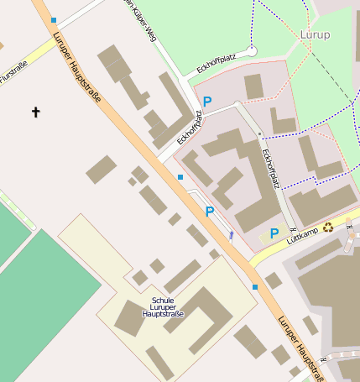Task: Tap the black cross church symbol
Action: [35, 111]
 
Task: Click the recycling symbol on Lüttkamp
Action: [329, 226]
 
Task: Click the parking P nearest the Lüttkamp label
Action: [274, 233]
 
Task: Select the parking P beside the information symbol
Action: [210, 212]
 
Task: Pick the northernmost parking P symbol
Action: [207, 101]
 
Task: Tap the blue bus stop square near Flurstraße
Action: [54, 19]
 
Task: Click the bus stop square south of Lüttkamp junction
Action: [255, 287]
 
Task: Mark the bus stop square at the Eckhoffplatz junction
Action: [180, 176]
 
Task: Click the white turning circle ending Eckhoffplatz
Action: [252, 51]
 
